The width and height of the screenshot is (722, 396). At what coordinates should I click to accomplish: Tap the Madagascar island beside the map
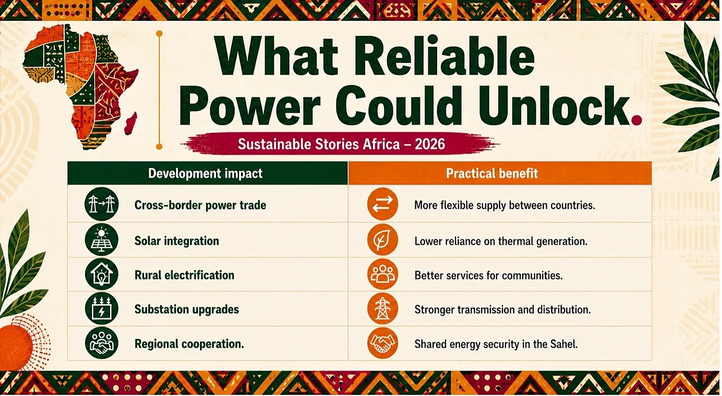coord(131,123)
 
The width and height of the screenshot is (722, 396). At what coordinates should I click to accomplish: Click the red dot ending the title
coord(636,120)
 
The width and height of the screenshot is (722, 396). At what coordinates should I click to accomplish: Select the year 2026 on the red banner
coord(430,144)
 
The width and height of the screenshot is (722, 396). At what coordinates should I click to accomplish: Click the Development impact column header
coord(206,174)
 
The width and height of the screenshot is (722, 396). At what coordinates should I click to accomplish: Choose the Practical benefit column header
coord(492,174)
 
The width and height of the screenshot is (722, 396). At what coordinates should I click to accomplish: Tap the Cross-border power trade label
coord(200,205)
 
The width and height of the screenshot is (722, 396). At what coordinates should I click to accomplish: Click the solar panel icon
coord(102,240)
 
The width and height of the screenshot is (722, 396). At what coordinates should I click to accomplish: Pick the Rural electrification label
coord(184,275)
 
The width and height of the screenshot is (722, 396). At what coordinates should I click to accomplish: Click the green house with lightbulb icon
coord(102,274)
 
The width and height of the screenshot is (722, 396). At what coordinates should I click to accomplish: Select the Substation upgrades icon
coord(102,308)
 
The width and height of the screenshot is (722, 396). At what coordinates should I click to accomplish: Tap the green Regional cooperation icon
coord(102,343)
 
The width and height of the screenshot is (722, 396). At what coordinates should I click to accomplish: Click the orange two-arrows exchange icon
coord(382,204)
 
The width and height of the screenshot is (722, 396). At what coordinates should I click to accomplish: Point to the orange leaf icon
coord(382,240)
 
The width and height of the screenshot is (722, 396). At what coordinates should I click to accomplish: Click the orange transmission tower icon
coord(382,308)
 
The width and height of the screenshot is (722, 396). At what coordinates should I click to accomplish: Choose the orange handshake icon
coord(382,343)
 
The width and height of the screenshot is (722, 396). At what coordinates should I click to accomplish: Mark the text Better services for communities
coord(488,276)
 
